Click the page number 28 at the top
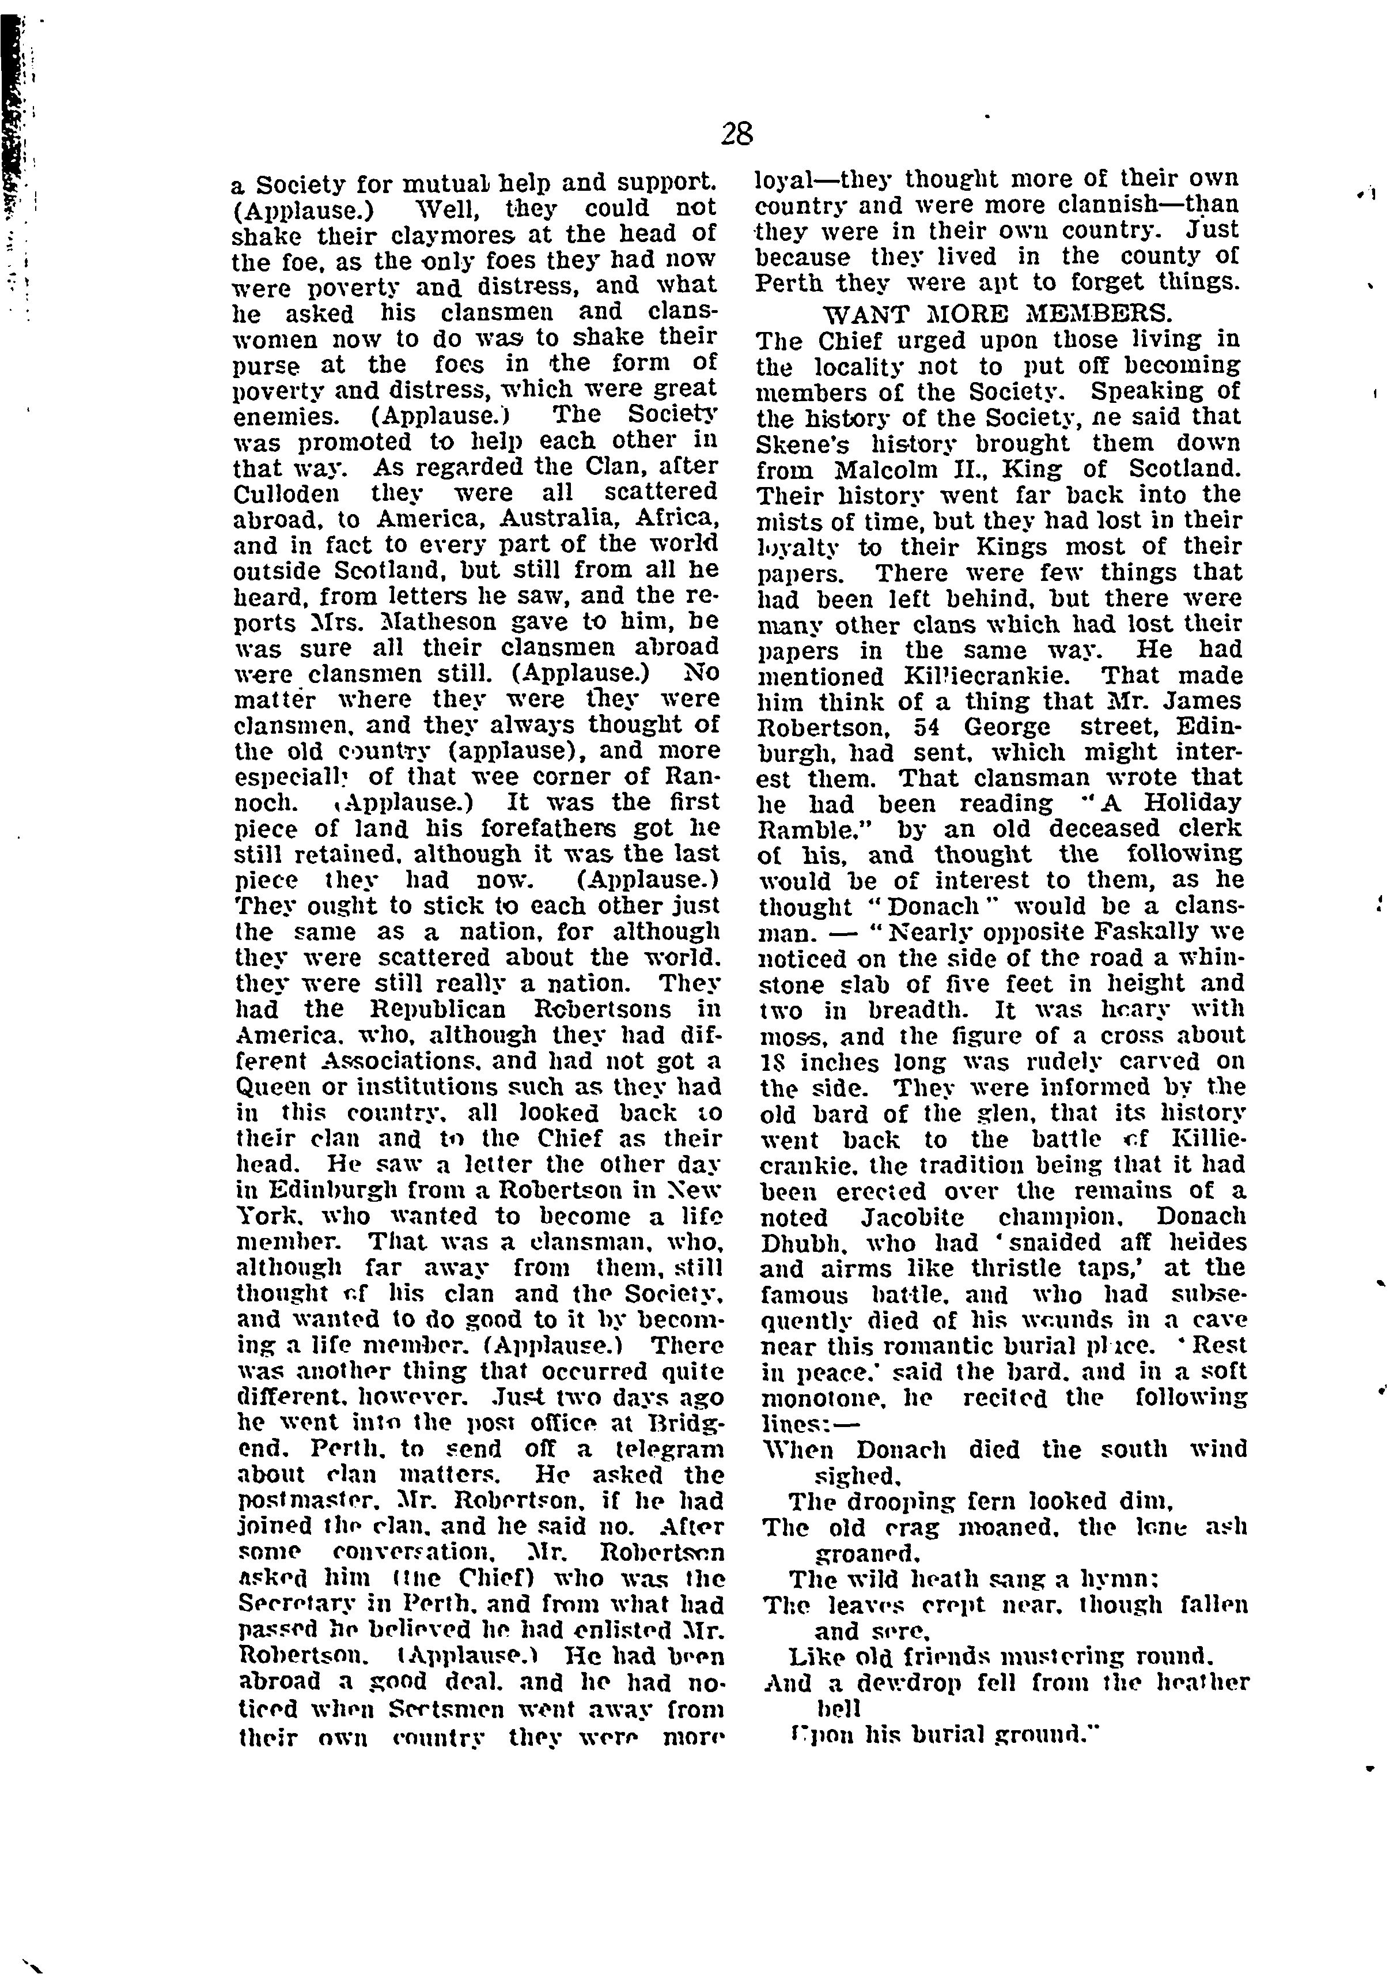tap(737, 134)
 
